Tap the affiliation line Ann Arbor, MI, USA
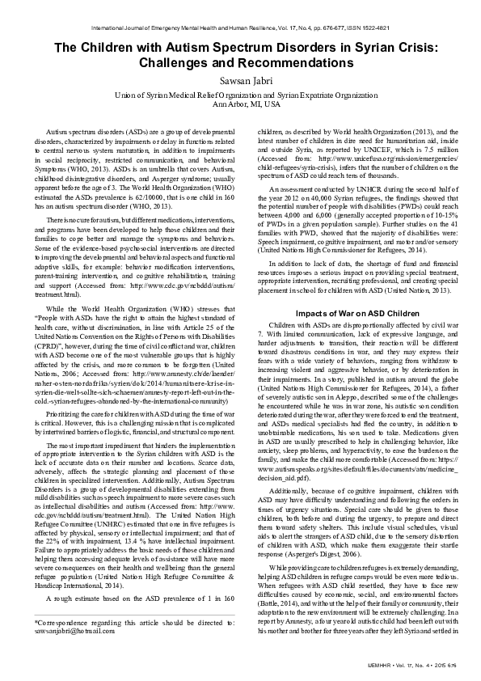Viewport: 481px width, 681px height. (x=240, y=104)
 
